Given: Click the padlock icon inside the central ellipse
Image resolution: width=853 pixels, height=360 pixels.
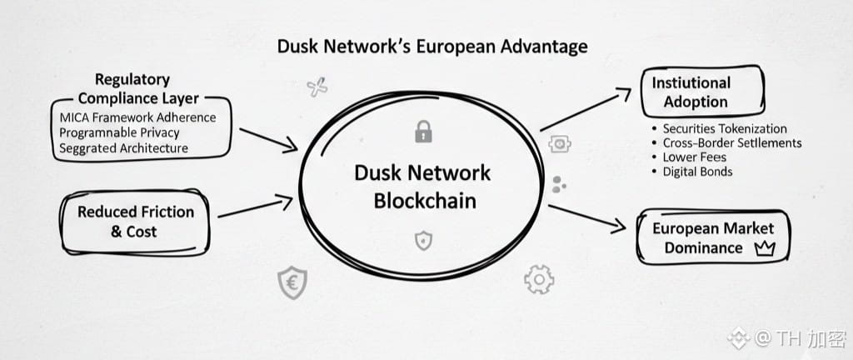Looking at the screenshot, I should [x=423, y=131].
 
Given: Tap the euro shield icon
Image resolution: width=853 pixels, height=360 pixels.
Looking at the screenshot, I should [x=292, y=283].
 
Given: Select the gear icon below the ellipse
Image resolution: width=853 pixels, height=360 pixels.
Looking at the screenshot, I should [x=539, y=278].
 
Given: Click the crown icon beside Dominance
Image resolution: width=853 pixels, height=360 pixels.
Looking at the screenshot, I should [x=763, y=247].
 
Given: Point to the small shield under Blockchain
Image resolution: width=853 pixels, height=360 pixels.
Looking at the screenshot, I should [x=423, y=241].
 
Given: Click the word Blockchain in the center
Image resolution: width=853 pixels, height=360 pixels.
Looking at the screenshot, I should [x=422, y=200].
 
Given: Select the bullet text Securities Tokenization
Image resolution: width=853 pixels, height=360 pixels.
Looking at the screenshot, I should [x=724, y=128].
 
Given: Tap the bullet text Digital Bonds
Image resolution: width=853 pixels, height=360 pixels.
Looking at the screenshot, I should [x=697, y=172].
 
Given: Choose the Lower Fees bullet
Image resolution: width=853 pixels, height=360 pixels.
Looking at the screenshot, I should [x=694, y=157].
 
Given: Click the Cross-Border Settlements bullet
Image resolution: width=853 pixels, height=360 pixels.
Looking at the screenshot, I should [x=731, y=142].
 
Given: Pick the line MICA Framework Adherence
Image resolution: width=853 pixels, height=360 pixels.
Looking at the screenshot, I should [x=137, y=117].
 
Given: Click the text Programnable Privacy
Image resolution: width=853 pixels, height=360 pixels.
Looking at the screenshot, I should [x=119, y=132].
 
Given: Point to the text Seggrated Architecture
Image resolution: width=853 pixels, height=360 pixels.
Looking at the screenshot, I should [x=123, y=148].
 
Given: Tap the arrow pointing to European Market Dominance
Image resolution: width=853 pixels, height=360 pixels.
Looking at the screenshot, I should [x=586, y=215].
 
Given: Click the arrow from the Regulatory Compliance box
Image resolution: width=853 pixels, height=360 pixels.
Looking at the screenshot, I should [x=267, y=139].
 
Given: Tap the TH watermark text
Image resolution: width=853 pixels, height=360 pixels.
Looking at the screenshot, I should [x=789, y=338].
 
